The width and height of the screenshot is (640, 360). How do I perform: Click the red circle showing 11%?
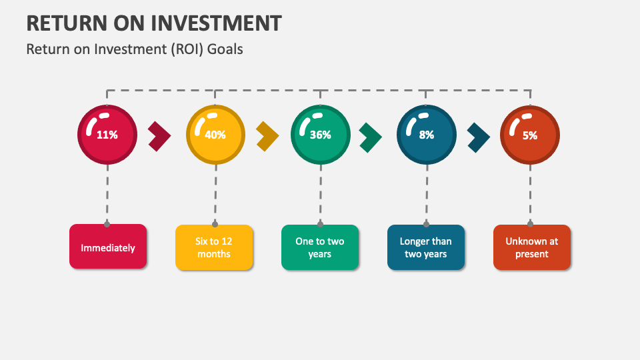point(107,135)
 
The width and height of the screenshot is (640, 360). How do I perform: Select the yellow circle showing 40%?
point(215,135)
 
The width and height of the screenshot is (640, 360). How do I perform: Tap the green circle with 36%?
point(320,135)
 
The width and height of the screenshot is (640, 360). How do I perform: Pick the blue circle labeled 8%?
point(426,135)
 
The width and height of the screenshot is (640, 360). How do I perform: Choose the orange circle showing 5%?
point(529,135)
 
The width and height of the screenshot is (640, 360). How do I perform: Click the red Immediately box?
point(108,247)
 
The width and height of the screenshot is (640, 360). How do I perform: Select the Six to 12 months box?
point(214,247)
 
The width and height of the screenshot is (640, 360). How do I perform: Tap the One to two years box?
point(320,247)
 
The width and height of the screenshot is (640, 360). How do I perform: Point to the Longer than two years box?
point(425,247)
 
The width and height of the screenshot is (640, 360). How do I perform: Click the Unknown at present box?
point(531,247)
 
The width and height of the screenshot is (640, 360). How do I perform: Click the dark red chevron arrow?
point(159,136)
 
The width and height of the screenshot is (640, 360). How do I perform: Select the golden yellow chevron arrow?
point(267,136)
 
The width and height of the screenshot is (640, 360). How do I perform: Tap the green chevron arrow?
point(371,136)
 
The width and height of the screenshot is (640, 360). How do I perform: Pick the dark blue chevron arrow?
point(478,136)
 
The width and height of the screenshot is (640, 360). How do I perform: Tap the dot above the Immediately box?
point(107,224)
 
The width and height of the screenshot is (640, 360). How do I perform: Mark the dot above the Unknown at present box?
point(531,224)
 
